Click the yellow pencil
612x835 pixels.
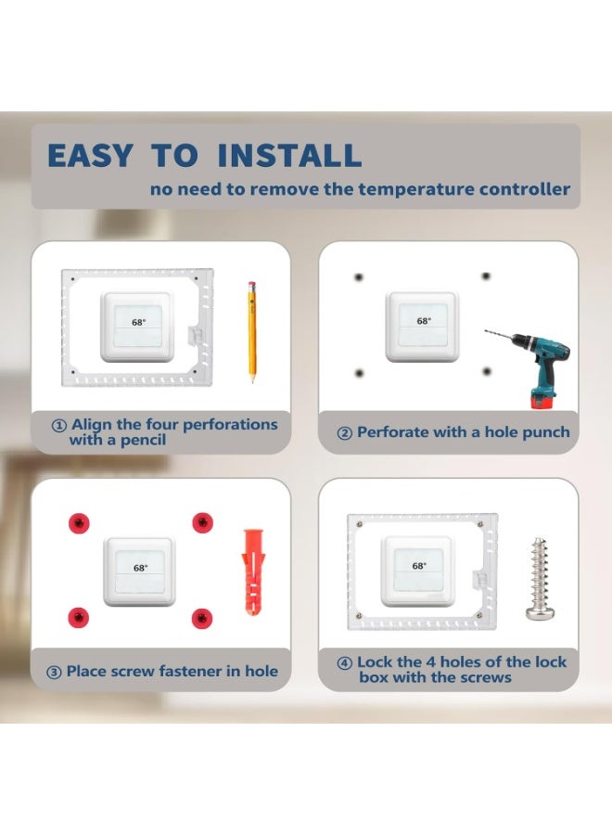[x=250, y=332]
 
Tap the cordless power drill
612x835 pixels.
[x=533, y=357]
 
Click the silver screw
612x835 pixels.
[x=539, y=577]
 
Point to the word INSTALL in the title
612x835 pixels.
[x=289, y=155]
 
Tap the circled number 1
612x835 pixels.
[x=58, y=426]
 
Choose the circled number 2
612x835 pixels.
[x=344, y=433]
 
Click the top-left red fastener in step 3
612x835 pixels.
[x=80, y=522]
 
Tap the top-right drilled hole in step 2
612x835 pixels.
[x=485, y=276]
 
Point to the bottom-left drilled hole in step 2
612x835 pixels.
[x=359, y=372]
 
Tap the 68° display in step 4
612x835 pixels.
[x=420, y=565]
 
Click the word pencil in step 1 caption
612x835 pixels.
[x=141, y=440]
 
